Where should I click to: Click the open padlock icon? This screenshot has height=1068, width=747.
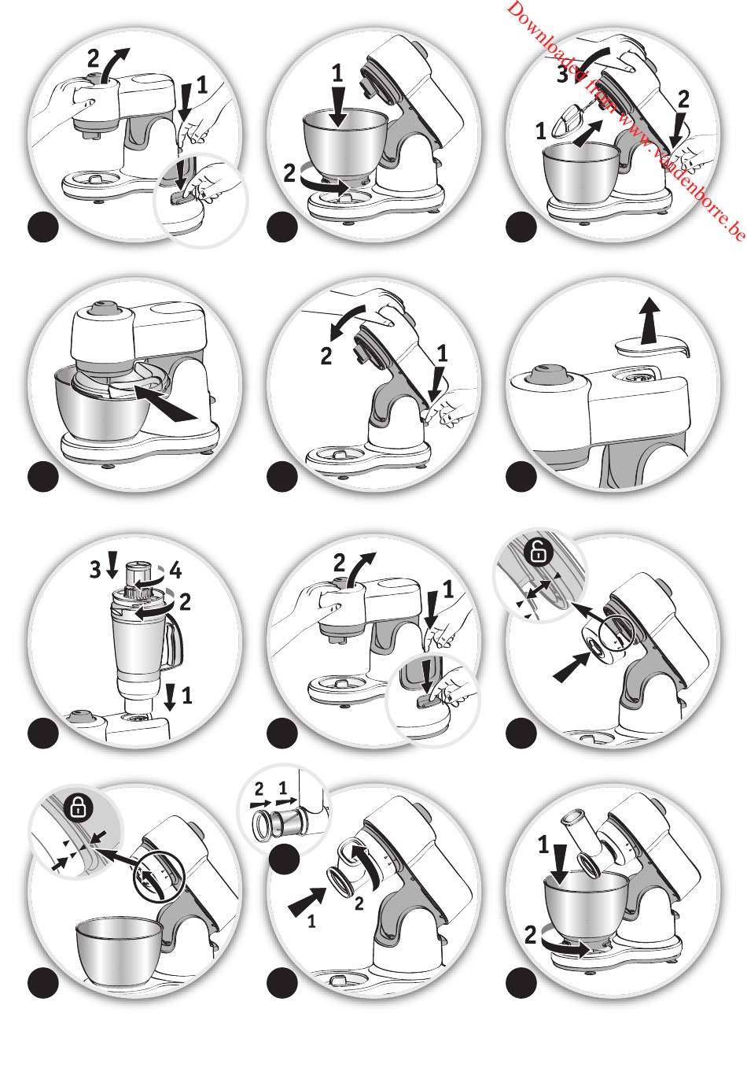pos(539,553)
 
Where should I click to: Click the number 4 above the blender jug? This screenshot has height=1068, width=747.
pos(176,571)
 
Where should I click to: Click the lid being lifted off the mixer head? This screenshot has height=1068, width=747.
pos(652,348)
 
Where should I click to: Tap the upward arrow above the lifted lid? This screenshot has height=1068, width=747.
pos(649,320)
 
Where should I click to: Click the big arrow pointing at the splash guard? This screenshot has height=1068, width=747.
pos(166,402)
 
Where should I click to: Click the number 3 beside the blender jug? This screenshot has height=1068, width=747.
pos(95,570)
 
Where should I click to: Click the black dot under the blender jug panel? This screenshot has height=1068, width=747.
pos(43,733)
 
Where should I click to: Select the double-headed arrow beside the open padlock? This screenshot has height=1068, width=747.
pos(538,587)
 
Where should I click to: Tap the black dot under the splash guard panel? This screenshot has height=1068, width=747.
pos(43,476)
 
